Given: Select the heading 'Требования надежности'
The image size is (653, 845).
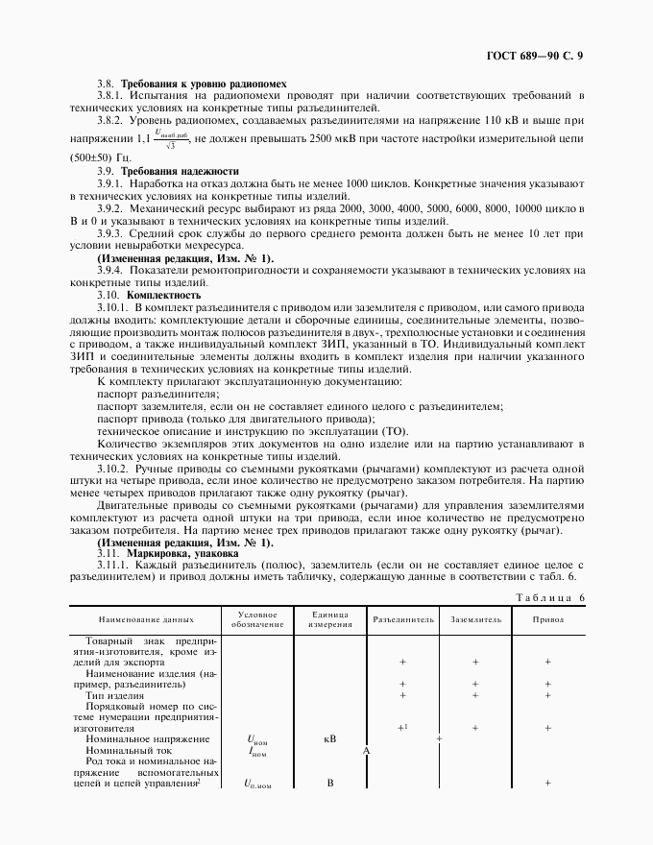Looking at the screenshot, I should tap(179, 170).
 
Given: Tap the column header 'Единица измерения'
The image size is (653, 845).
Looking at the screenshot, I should tap(328, 620).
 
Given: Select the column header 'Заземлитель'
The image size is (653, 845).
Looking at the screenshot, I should tap(475, 620).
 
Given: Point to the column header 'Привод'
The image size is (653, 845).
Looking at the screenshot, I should tap(548, 620).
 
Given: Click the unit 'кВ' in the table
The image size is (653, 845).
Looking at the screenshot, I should tap(328, 739).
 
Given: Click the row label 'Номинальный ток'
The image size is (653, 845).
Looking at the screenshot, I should tap(133, 750).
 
